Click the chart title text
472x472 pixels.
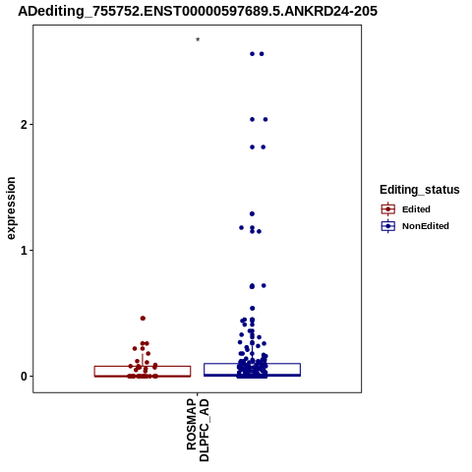pyautogui.click(x=198, y=11)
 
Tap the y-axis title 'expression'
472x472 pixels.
pyautogui.click(x=11, y=208)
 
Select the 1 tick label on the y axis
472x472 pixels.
pyautogui.click(x=24, y=251)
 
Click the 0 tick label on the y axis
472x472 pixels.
pyautogui.click(x=24, y=377)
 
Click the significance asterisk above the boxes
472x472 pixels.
pyautogui.click(x=198, y=40)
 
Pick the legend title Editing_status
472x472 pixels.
pyautogui.click(x=420, y=190)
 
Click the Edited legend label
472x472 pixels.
pyautogui.click(x=416, y=209)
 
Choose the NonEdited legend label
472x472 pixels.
pyautogui.click(x=426, y=226)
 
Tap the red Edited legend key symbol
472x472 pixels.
pyautogui.click(x=388, y=209)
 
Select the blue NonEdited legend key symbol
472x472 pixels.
pyautogui.click(x=388, y=226)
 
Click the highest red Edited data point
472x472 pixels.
pyautogui.click(x=143, y=319)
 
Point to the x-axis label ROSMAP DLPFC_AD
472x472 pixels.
pyautogui.click(x=198, y=430)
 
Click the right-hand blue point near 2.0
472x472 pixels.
pyautogui.click(x=265, y=119)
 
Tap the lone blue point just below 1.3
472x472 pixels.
pyautogui.click(x=252, y=214)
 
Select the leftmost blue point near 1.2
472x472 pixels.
pyautogui.click(x=242, y=227)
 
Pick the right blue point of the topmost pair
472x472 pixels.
pyautogui.click(x=262, y=54)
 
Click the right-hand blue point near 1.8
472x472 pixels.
pyautogui.click(x=264, y=147)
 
